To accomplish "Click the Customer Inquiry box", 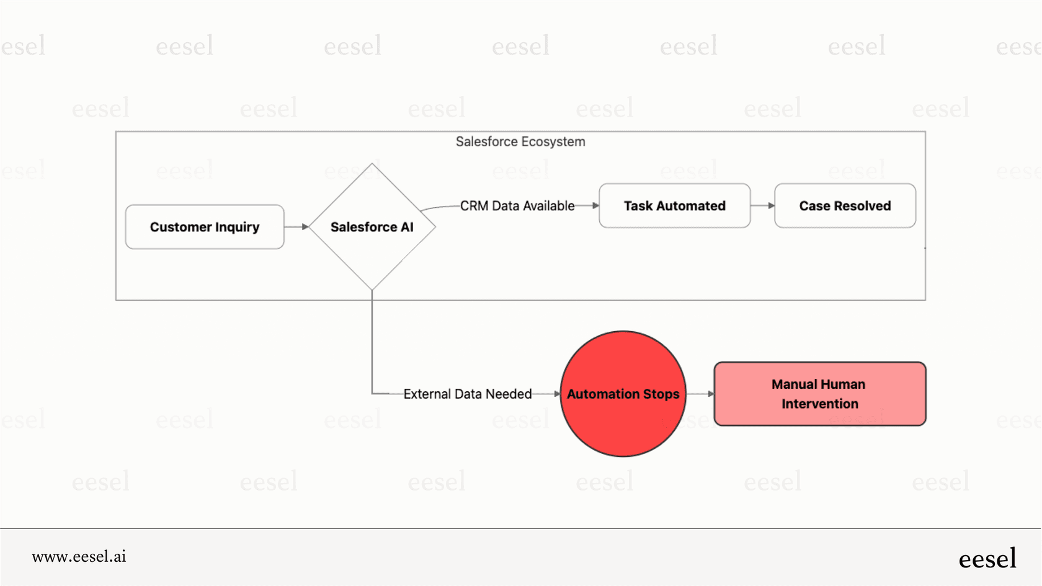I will pos(205,227).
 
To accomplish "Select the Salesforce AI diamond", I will pos(372,227).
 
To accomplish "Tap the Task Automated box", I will pos(674,206).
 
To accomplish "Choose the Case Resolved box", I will pos(845,206).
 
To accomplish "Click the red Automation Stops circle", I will pos(623,394).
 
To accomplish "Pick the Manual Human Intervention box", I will pos(819,394).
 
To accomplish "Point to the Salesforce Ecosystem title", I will pos(520,141).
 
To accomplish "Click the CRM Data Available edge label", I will pos(517,206).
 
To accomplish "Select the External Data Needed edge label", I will pos(467,394).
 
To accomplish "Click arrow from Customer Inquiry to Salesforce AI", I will pos(296,227).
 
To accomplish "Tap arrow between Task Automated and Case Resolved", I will pos(762,206).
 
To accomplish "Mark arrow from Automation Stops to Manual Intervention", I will pos(700,394).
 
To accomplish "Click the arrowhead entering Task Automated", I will pos(595,206).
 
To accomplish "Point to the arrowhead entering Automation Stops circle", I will pos(557,394).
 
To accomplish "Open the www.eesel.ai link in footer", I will pos(79,556).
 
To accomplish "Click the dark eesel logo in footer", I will pos(987,558).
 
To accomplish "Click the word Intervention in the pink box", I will pos(819,404).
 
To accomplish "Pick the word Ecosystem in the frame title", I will pos(553,141).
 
